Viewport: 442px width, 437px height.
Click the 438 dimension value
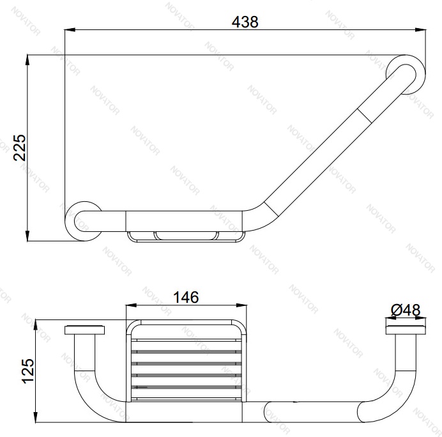point(245,22)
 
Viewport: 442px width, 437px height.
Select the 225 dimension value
point(20,148)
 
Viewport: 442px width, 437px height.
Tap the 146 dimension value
point(186,297)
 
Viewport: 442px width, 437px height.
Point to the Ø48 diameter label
point(406,310)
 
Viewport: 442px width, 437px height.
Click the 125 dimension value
point(28,371)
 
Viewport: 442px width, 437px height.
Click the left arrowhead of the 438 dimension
point(70,29)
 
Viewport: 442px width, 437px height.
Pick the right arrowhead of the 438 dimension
point(420,29)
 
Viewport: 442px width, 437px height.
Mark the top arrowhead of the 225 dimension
point(27,60)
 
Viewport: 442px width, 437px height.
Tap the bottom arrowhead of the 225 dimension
point(27,236)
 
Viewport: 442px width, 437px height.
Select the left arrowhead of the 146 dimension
point(131,305)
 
